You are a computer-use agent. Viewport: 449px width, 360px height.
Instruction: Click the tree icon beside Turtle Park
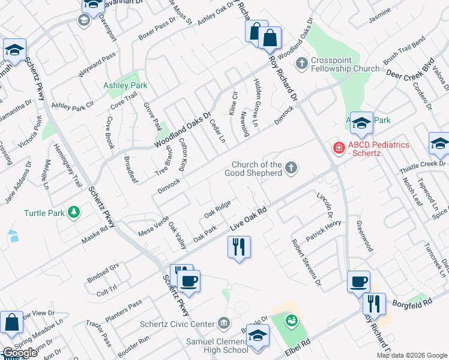74,212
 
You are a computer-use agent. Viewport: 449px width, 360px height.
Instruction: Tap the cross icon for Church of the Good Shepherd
291,167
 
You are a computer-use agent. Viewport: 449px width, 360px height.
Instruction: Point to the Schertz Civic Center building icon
223,324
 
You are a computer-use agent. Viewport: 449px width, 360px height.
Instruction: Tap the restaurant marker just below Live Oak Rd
239,247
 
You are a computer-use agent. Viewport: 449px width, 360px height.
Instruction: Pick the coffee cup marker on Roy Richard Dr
358,281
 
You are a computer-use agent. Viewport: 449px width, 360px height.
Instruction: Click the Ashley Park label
125,86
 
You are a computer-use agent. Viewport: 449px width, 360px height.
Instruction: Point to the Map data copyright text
411,355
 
